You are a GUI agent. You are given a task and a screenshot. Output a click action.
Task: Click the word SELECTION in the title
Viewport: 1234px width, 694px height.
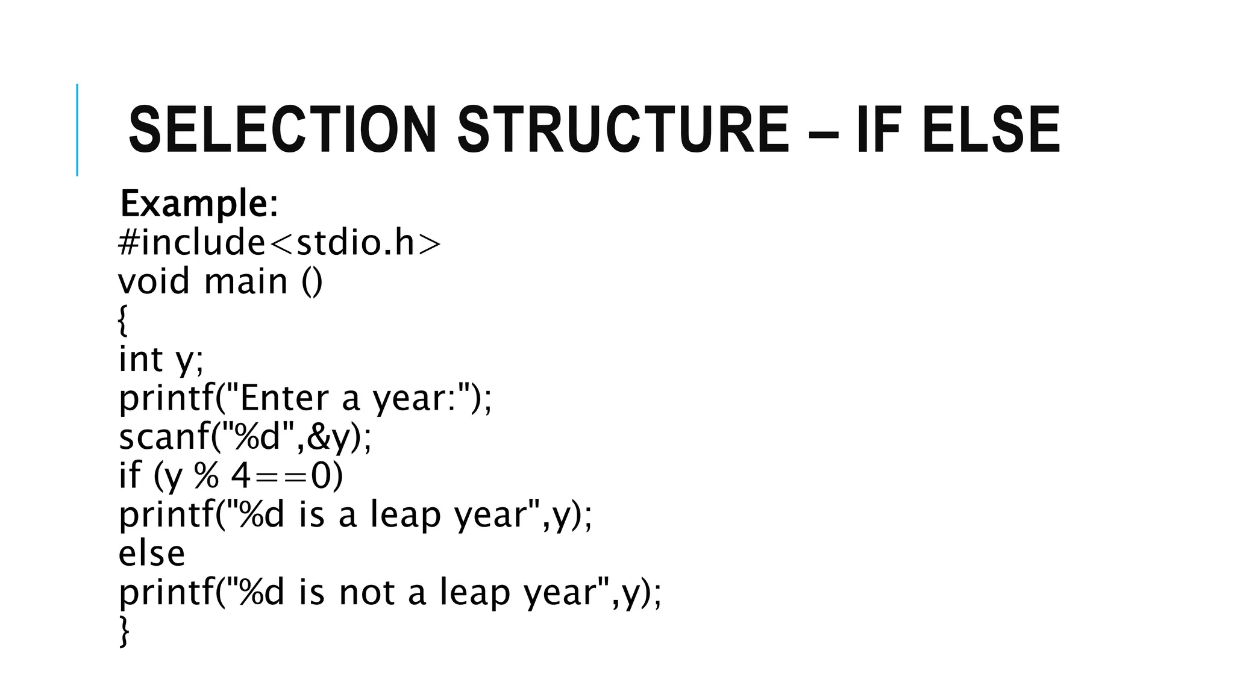282,130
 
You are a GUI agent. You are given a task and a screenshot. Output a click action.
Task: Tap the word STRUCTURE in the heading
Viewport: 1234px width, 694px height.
622,130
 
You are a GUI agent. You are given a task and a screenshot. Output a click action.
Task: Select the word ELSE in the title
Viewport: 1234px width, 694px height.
990,130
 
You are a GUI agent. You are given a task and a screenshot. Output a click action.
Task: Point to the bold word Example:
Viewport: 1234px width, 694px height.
199,204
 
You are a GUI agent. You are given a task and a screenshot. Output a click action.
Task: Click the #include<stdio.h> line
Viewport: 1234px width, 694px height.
280,243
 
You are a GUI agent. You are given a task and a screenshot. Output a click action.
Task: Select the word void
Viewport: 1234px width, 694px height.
154,281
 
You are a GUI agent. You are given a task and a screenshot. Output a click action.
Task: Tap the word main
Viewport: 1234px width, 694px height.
246,281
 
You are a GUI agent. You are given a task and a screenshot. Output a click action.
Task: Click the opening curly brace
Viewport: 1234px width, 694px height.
123,320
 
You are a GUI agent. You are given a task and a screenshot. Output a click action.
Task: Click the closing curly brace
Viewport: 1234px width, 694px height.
124,631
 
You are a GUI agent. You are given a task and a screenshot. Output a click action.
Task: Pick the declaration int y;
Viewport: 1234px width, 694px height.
161,360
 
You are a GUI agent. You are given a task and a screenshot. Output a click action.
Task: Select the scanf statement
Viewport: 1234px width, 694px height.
245,437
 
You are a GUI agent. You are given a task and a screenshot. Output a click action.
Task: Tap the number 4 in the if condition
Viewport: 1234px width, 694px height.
240,476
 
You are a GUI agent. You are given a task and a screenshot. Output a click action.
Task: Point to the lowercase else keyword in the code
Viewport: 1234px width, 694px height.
151,553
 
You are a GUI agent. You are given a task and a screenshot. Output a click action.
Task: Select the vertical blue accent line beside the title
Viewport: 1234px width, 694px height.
77,130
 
